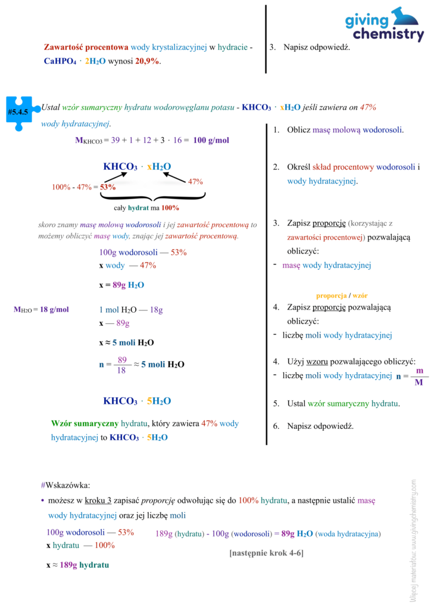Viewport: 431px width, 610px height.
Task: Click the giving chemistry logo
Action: (x=385, y=26)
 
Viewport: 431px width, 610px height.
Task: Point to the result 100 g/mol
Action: (x=211, y=141)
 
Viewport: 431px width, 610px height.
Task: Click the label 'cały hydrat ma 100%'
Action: (x=146, y=208)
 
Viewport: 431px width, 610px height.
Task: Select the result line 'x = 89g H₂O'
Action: (x=121, y=285)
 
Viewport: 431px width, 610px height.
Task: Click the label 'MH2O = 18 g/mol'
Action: (x=41, y=309)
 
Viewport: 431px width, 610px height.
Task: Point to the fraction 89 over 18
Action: (x=122, y=365)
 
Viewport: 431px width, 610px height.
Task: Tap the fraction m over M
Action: (x=418, y=376)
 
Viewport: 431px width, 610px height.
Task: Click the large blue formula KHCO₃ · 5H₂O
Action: (x=138, y=401)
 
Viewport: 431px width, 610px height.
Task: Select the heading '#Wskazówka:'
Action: (x=65, y=485)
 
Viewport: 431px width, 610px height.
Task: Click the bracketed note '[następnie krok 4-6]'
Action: (x=266, y=553)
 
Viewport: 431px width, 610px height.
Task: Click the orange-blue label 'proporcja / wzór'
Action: (x=342, y=295)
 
